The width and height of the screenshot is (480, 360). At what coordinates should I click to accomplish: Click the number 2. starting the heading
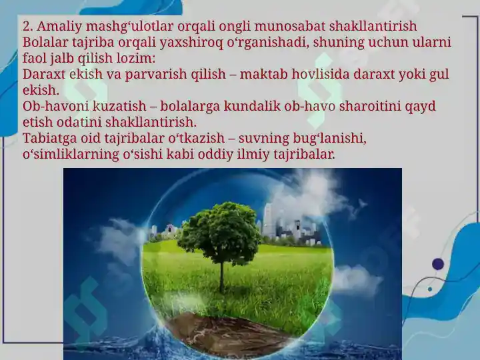pos(28,27)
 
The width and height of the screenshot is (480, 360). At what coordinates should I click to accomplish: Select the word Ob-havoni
pos(55,107)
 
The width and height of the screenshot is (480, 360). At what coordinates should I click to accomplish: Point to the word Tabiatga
pos(50,139)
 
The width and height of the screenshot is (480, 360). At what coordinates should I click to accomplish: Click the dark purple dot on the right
pos(438,264)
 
